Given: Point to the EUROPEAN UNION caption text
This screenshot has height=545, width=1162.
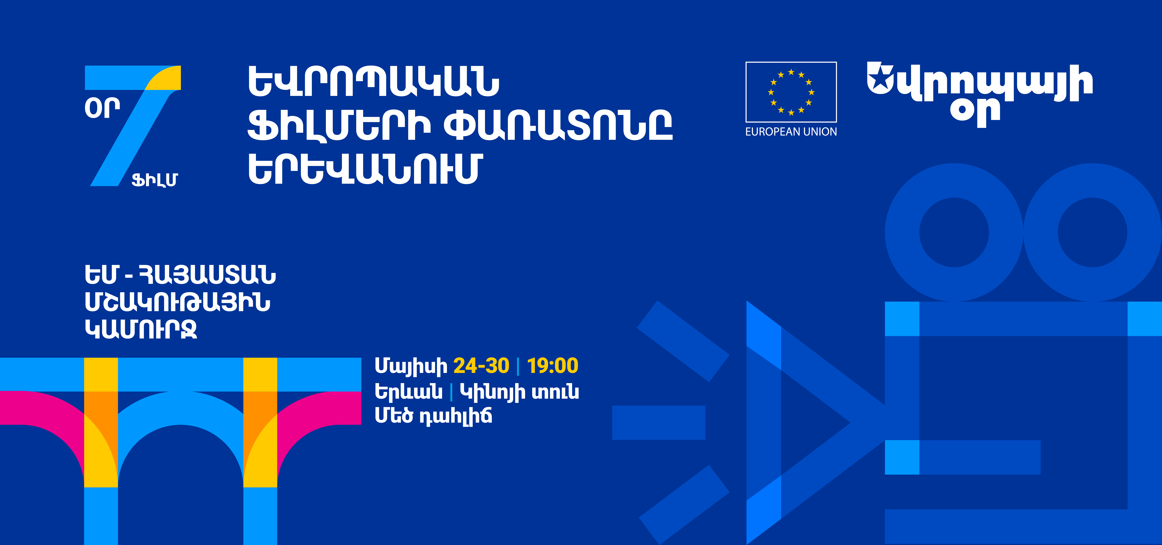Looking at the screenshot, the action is [791, 132].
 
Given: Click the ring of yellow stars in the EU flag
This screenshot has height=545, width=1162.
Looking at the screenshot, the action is [791, 92].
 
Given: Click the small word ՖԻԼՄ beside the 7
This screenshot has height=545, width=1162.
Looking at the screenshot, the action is [155, 180].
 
